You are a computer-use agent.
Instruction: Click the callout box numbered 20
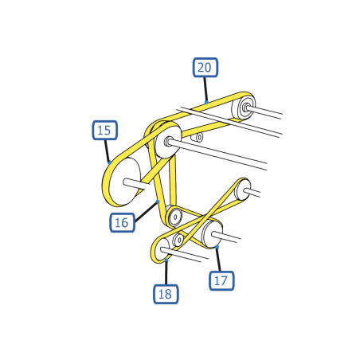click(x=205, y=68)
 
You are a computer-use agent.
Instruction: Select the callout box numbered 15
click(x=105, y=130)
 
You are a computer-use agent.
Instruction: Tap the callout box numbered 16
click(x=122, y=222)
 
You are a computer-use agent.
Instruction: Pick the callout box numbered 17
click(x=221, y=280)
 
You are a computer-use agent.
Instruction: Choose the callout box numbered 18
click(x=166, y=294)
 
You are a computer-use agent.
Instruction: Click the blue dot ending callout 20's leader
click(x=206, y=102)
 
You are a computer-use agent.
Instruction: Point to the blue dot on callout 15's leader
click(x=109, y=162)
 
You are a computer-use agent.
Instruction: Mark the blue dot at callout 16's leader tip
click(x=158, y=202)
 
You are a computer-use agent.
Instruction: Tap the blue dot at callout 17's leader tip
click(x=217, y=247)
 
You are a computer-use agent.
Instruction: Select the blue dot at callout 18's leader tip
click(x=166, y=260)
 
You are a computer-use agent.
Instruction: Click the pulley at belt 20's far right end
click(x=244, y=108)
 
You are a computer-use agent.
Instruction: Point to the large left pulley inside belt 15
click(x=125, y=182)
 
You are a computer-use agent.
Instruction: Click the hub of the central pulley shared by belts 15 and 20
click(x=168, y=141)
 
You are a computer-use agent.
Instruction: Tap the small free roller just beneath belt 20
click(x=198, y=137)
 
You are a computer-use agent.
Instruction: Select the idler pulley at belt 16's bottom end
click(x=174, y=217)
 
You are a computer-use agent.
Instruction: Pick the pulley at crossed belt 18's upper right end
click(x=243, y=190)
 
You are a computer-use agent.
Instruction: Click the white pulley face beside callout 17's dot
click(x=212, y=234)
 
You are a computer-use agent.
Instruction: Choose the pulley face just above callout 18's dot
click(x=162, y=250)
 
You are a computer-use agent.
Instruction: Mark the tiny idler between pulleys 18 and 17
click(x=178, y=240)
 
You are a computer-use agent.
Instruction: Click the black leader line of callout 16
click(x=146, y=212)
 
